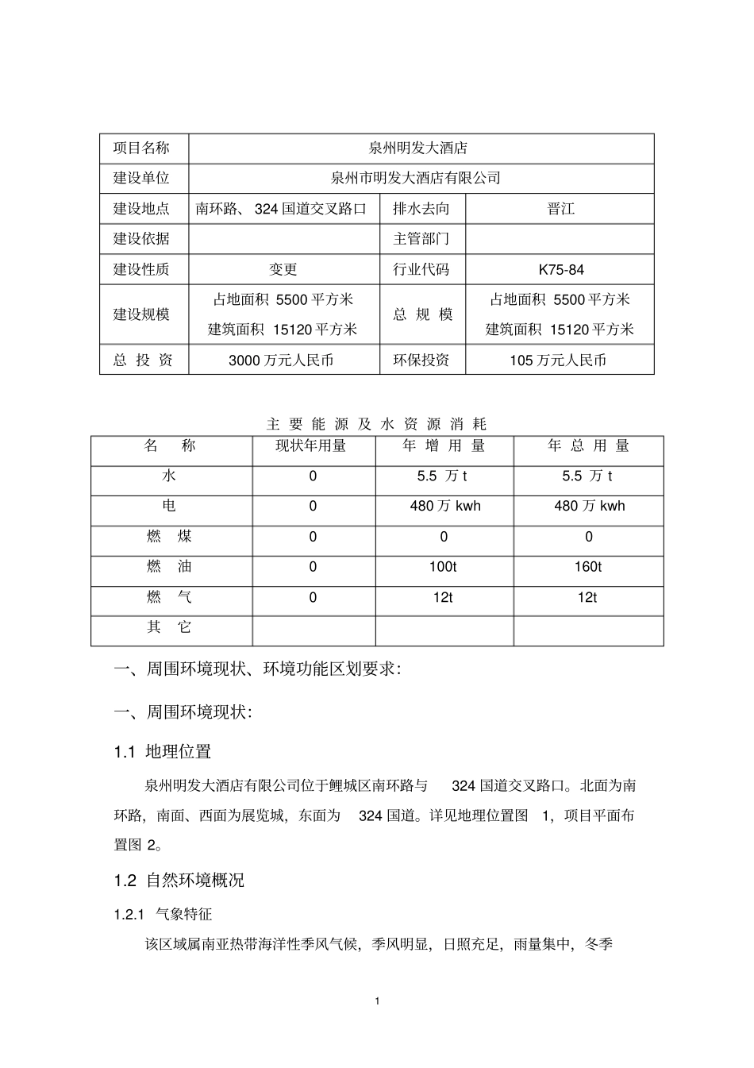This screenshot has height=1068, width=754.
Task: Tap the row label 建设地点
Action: (141, 209)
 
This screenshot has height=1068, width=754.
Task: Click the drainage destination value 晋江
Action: (560, 209)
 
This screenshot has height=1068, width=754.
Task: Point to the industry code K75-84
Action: (560, 270)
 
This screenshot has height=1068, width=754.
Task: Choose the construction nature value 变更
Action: (283, 270)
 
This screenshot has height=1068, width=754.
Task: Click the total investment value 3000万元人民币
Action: (281, 360)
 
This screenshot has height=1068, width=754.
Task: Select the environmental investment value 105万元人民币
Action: (558, 360)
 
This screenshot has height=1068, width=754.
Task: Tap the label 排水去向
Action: (421, 209)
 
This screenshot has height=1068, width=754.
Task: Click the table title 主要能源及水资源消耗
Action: (376, 424)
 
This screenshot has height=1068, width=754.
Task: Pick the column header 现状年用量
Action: (311, 446)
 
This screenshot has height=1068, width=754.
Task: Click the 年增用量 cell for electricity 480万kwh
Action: (444, 507)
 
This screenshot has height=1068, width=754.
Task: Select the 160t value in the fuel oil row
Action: (588, 567)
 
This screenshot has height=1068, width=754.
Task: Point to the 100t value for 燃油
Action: (444, 567)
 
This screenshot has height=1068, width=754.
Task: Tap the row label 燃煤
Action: (169, 537)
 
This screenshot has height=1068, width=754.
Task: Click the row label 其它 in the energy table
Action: (169, 627)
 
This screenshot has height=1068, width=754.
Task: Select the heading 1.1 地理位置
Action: (163, 752)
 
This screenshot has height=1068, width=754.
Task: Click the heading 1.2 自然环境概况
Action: (179, 881)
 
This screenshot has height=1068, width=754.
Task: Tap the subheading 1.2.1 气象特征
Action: (163, 915)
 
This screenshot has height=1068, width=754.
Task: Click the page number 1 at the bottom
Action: (377, 1001)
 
